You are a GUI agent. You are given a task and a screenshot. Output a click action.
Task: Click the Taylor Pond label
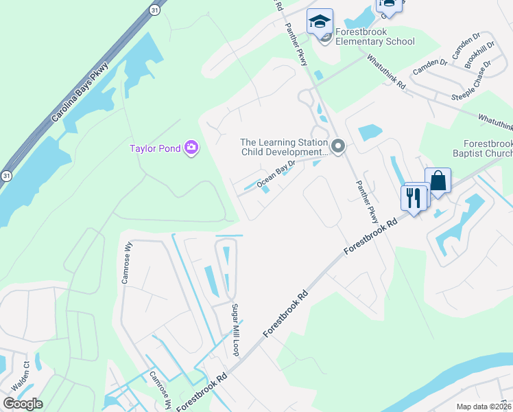(x=155, y=148)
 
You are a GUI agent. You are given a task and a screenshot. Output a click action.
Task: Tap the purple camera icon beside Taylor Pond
(x=191, y=148)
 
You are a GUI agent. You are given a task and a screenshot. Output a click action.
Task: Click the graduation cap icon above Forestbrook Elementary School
(x=320, y=21)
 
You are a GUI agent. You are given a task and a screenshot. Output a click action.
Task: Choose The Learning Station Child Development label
(x=283, y=148)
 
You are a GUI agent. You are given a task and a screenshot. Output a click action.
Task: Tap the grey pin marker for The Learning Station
(x=337, y=146)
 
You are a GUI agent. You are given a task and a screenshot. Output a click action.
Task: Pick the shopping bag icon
(x=438, y=181)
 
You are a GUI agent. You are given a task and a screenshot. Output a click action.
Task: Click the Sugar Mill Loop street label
(x=235, y=330)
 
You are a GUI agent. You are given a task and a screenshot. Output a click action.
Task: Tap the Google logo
(x=22, y=404)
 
